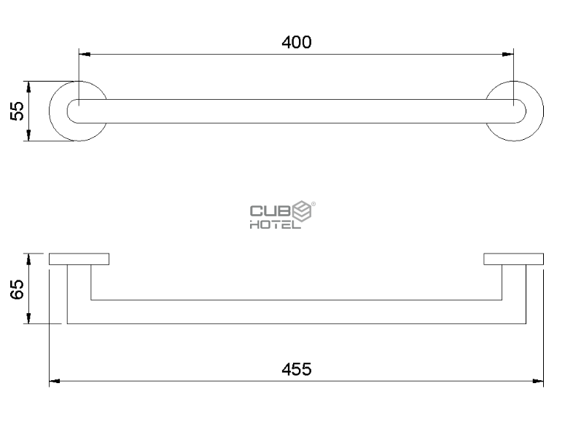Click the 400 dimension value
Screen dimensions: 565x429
coord(297,42)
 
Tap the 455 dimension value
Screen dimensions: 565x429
coord(297,369)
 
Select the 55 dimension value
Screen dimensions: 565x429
coord(17,111)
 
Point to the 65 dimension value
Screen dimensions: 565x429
coord(17,289)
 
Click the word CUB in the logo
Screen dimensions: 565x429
coord(270,211)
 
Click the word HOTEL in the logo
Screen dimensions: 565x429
coord(276,225)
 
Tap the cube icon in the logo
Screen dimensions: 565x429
coord(302,210)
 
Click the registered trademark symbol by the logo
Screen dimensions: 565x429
coord(313,204)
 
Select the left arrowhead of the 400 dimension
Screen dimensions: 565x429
coord(85,55)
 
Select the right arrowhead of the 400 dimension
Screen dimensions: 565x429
coord(508,55)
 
